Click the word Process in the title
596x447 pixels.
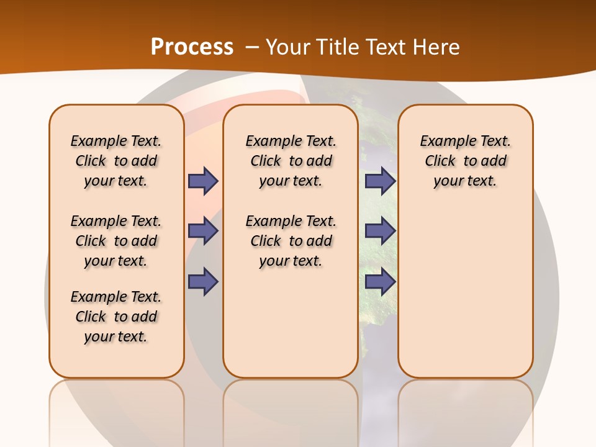tap(192, 47)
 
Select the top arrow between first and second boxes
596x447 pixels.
tap(202, 181)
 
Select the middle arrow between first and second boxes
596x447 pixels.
tap(202, 231)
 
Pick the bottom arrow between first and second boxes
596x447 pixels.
tap(202, 282)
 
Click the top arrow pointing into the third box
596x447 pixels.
tap(380, 181)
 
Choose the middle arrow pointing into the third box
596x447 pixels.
tap(380, 231)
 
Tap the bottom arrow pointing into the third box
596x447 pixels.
tap(380, 282)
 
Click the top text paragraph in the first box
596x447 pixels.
tap(116, 161)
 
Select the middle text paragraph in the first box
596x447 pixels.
tap(116, 241)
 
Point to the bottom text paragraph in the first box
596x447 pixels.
tap(116, 317)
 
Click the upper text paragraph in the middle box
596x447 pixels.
tap(291, 161)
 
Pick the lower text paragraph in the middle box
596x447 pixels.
tap(291, 241)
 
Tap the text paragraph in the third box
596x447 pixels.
tap(465, 161)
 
